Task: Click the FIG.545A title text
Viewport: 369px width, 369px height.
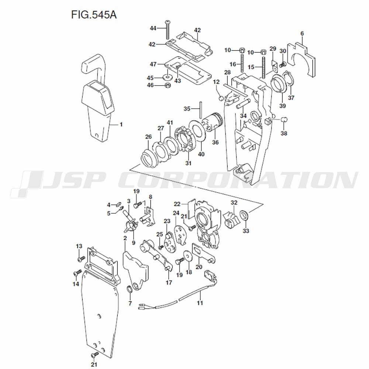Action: (94, 15)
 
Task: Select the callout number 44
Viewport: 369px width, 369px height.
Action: (153, 28)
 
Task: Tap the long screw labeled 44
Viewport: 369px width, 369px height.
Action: (167, 30)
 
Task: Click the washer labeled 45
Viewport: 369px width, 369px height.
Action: (167, 77)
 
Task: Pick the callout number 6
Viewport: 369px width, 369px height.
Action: (302, 34)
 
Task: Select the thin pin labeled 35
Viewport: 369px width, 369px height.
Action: (201, 110)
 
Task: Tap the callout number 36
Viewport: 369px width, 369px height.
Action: (215, 142)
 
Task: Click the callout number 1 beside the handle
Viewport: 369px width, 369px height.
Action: (121, 124)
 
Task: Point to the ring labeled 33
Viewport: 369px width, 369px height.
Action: (244, 215)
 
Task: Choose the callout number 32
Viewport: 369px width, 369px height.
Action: (234, 202)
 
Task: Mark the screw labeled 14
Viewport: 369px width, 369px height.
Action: (77, 273)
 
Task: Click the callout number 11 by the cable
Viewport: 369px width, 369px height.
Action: (200, 303)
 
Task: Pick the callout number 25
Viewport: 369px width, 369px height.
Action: (159, 234)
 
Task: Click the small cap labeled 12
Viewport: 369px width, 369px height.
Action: (221, 98)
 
